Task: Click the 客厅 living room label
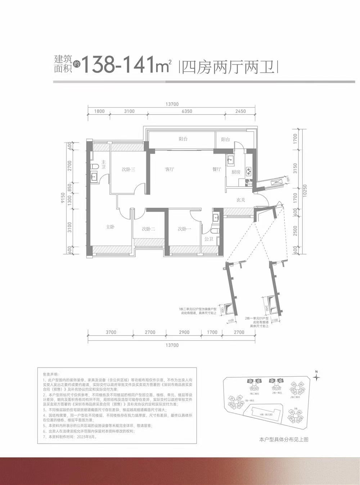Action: pyautogui.click(x=170, y=169)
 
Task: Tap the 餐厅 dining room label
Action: pyautogui.click(x=216, y=169)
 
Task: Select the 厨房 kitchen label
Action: pyautogui.click(x=236, y=172)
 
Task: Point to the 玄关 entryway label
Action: pyautogui.click(x=240, y=200)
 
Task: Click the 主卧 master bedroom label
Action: pyautogui.click(x=110, y=227)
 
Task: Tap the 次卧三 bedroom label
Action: pyautogui.click(x=128, y=169)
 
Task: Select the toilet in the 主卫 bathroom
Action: pyautogui.click(x=95, y=166)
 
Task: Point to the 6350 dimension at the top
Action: pyautogui.click(x=187, y=111)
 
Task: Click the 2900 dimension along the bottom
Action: pyautogui.click(x=184, y=332)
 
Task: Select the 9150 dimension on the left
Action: pyautogui.click(x=63, y=198)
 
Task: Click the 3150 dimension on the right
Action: pyautogui.click(x=295, y=168)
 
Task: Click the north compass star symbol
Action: pyautogui.click(x=316, y=377)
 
